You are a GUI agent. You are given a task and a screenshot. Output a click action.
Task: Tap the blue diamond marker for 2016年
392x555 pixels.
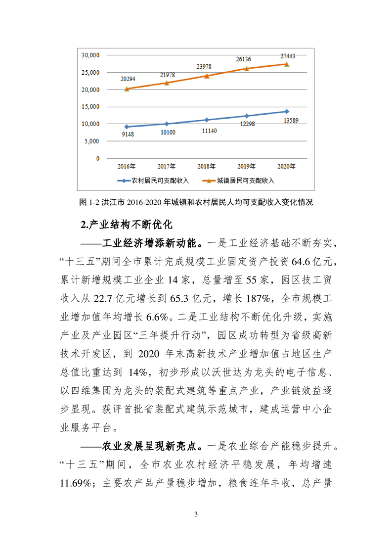(127, 127)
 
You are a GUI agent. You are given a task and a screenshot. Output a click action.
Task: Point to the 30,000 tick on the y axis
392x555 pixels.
(90, 55)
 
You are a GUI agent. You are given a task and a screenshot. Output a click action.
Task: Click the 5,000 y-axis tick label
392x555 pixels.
(92, 141)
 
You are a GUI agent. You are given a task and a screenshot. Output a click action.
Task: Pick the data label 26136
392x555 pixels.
(246, 59)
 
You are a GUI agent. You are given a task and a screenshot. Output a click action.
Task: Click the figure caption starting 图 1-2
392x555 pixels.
(196, 202)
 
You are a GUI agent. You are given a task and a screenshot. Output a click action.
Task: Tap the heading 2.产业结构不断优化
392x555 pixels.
(126, 225)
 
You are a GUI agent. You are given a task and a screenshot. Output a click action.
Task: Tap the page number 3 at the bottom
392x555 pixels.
(196, 516)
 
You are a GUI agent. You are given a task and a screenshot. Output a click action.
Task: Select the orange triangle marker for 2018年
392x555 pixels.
(207, 76)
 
